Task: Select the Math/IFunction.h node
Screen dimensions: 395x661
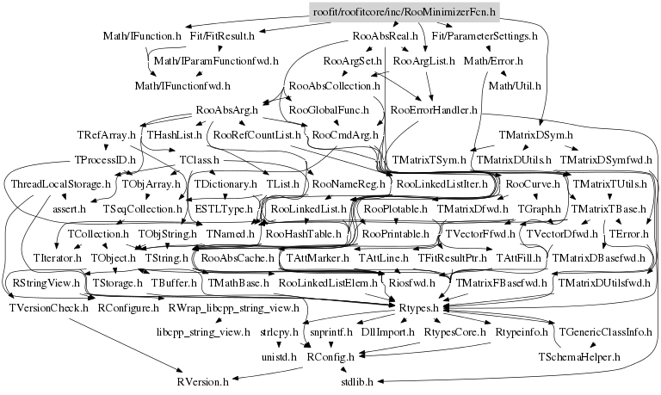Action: click(142, 36)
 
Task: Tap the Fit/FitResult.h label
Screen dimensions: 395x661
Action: click(222, 36)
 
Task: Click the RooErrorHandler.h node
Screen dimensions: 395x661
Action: click(435, 110)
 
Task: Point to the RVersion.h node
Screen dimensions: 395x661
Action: click(202, 380)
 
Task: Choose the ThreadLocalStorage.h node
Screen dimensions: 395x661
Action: click(61, 184)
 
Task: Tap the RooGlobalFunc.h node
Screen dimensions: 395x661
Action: click(328, 110)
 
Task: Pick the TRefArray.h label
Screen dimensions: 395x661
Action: click(106, 135)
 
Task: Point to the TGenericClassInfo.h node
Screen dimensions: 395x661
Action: click(603, 331)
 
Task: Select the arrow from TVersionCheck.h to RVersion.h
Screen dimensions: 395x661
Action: click(129, 344)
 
